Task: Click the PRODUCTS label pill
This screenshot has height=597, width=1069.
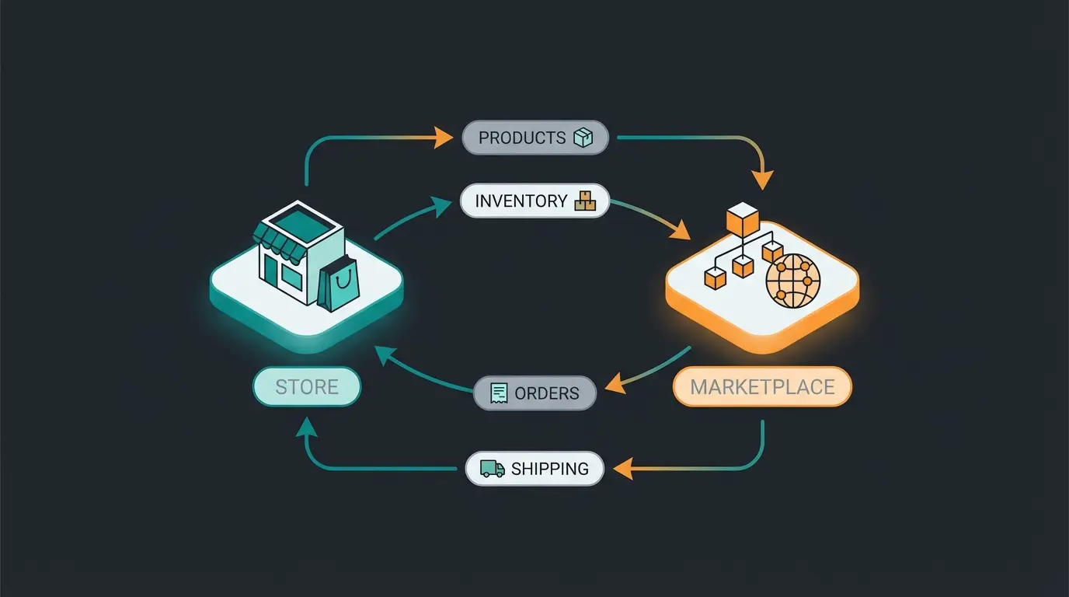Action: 534,138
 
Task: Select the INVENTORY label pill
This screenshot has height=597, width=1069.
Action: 534,201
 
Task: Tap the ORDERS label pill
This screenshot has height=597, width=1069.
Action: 534,393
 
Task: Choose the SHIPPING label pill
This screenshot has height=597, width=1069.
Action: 534,469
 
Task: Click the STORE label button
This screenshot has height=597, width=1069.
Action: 307,386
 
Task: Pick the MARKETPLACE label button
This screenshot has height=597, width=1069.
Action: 761,386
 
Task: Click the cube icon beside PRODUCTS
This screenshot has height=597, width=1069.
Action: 582,138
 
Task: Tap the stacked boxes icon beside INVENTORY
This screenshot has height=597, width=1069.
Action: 584,201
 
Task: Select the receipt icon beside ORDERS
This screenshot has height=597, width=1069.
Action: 499,393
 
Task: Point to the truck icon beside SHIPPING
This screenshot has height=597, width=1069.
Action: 492,469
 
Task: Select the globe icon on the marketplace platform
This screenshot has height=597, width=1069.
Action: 792,280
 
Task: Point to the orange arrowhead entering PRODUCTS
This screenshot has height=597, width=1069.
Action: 444,138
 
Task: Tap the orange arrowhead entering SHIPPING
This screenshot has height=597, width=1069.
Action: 622,469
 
